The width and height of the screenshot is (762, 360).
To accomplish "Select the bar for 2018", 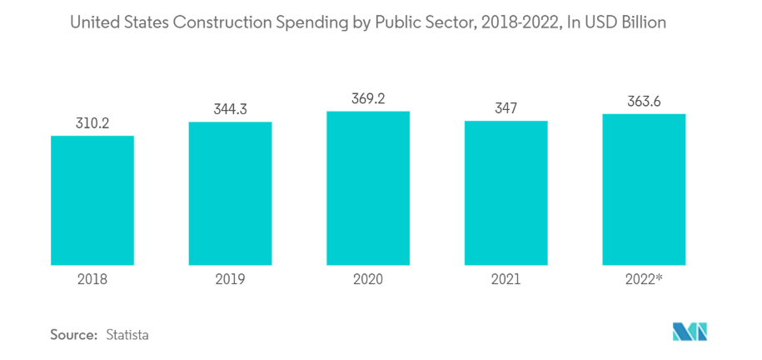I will click(x=92, y=200).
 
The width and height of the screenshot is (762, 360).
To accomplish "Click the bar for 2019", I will click(x=230, y=193).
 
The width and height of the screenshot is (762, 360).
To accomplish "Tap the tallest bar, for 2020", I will click(x=367, y=187).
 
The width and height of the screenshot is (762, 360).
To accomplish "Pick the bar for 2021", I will click(x=506, y=192).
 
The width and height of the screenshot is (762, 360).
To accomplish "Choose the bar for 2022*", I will click(x=644, y=189).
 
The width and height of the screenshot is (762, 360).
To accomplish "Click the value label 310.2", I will click(x=92, y=123).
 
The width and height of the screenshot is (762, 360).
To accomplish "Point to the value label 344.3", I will click(x=230, y=109).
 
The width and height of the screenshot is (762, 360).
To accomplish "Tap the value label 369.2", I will click(x=367, y=98).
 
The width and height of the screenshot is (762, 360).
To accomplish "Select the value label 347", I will click(x=506, y=108).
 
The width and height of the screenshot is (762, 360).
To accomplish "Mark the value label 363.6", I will click(x=644, y=102).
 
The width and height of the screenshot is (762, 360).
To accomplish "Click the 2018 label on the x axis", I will click(x=92, y=279).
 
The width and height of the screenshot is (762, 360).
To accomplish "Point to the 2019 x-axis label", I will click(x=230, y=279).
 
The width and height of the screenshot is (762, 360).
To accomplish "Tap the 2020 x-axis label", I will click(x=367, y=279).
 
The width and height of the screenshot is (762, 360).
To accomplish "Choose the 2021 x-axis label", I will click(x=506, y=279).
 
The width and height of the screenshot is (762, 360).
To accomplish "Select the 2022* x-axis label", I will click(x=644, y=279).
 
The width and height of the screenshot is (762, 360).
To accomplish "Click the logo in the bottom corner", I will click(x=690, y=331).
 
